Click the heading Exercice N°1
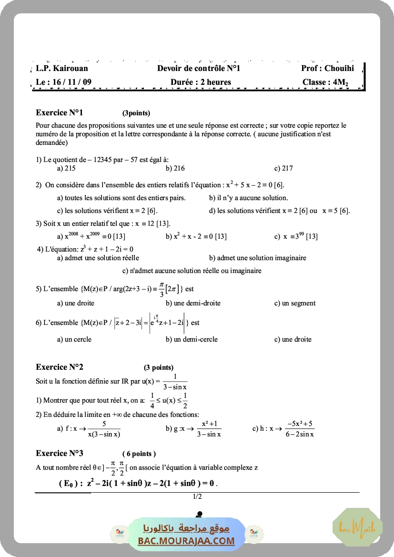tap(60, 113)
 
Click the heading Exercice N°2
tap(60, 367)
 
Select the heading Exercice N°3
tap(60, 453)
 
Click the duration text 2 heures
tap(216, 82)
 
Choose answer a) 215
tap(66, 168)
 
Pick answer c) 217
tap(283, 168)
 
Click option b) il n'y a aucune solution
tap(248, 198)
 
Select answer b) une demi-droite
tap(193, 303)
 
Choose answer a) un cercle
tap(74, 339)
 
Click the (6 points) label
tap(139, 454)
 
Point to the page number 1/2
tap(197, 497)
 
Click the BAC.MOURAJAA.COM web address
tap(186, 541)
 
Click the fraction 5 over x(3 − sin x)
tap(104, 429)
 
